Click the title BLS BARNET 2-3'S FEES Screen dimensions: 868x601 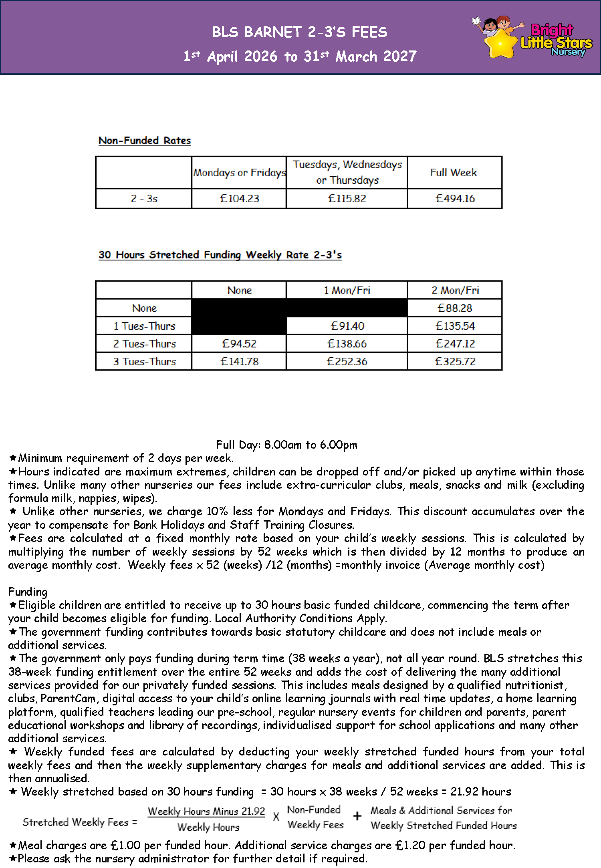300,32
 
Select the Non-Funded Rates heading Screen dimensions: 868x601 145,141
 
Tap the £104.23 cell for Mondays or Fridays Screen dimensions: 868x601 239,199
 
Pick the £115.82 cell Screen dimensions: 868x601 347,199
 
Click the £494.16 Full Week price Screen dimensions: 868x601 455,199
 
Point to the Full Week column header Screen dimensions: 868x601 453,173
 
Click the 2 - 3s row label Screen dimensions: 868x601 144,199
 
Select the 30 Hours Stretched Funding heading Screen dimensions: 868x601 220,255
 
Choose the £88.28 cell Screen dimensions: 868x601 455,308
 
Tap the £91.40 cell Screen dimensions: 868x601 347,326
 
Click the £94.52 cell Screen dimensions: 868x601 239,344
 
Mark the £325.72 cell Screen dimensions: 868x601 455,362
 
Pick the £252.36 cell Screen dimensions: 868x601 347,362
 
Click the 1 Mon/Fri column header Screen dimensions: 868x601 347,290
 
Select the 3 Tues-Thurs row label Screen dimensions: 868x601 144,362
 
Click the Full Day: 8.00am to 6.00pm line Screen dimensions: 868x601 286,445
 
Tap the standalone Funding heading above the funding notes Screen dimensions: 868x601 28,592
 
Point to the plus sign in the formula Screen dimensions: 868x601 357,816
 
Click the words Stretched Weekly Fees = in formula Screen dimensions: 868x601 80,822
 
